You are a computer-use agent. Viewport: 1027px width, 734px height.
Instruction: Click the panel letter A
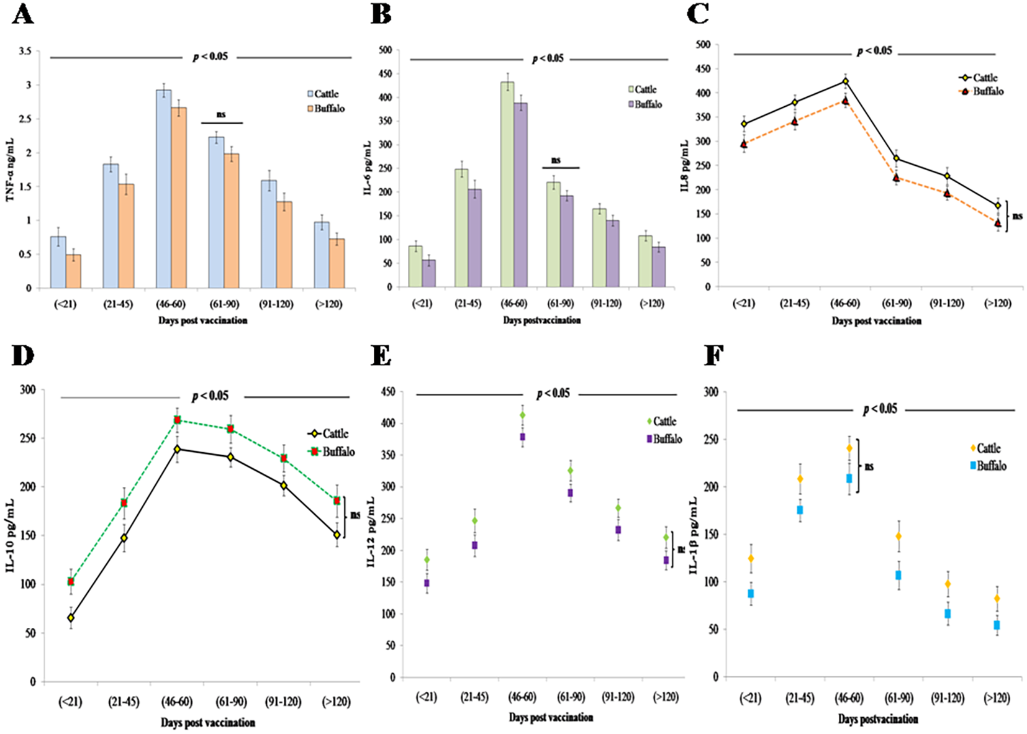22,14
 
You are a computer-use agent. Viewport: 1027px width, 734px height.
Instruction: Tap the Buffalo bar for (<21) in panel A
73,271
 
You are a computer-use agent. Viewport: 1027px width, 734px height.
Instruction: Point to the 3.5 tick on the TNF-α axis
25,52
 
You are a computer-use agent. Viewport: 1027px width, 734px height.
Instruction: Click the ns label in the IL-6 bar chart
556,160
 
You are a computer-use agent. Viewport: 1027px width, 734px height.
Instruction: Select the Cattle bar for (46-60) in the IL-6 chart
507,184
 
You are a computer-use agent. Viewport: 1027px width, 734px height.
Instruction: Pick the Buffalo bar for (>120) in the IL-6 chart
658,266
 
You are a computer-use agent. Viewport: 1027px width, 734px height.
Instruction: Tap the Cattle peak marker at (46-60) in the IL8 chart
846,81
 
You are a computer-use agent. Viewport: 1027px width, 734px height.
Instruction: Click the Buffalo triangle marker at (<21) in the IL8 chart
744,144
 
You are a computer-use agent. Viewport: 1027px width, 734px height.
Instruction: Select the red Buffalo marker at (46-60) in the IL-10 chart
178,420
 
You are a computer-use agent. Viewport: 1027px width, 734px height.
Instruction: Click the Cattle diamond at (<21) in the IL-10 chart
71,618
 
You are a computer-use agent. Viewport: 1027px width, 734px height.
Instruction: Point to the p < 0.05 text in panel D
210,396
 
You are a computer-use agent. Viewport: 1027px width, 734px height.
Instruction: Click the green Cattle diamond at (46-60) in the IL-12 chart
522,415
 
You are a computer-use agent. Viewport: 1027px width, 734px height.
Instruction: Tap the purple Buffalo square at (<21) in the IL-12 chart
427,583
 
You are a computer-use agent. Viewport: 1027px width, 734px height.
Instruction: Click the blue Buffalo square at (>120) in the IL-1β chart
997,625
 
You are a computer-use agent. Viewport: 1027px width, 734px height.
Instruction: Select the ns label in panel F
869,466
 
